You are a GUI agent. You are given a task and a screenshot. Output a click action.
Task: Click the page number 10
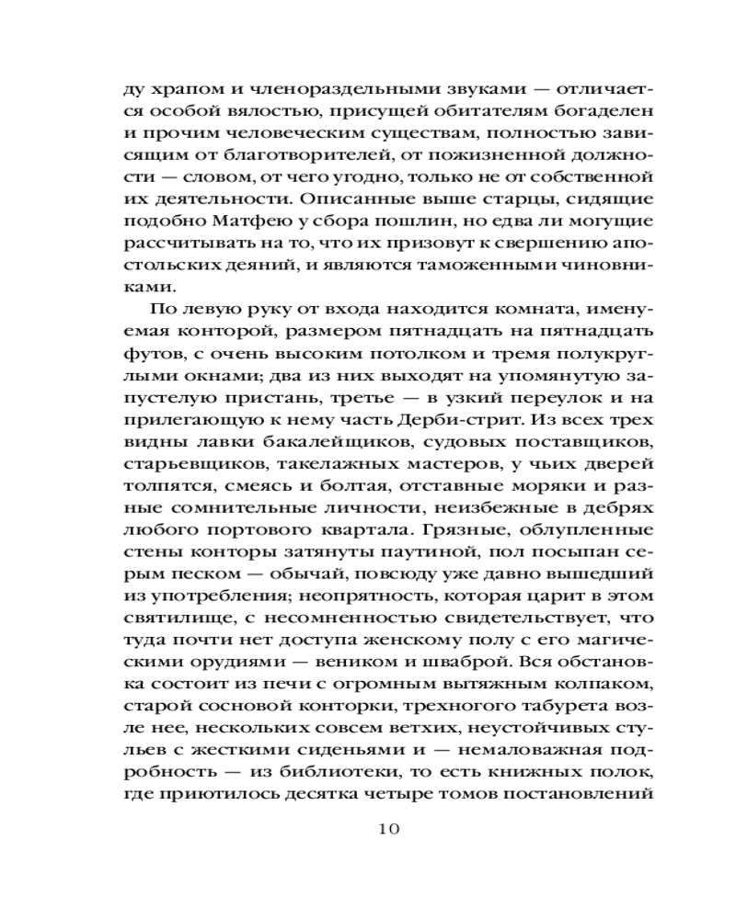(x=387, y=829)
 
